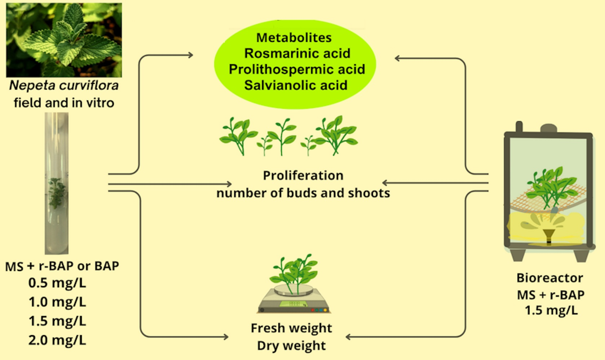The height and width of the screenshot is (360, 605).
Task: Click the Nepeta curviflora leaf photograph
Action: click(64, 40)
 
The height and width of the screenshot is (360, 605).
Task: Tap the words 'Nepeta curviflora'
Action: click(64, 85)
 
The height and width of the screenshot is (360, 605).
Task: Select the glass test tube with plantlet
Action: click(57, 184)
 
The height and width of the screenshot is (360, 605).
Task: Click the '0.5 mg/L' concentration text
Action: click(57, 283)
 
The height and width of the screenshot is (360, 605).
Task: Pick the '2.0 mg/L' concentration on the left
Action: click(57, 340)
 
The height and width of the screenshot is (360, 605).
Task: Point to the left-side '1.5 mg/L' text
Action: click(57, 321)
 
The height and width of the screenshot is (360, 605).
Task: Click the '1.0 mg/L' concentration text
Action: click(57, 302)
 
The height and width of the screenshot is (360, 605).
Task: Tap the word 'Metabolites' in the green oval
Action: click(294, 37)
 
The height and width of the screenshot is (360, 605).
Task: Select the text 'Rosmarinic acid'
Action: click(297, 53)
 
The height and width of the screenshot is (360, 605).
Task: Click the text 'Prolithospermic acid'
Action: click(297, 69)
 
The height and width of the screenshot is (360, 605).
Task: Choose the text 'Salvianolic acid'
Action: click(296, 85)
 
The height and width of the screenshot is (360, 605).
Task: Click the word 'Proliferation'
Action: click(303, 175)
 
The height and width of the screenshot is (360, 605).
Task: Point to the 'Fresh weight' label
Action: click(291, 328)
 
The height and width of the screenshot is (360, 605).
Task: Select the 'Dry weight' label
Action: click(291, 346)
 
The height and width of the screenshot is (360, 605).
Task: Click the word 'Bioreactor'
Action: click(549, 278)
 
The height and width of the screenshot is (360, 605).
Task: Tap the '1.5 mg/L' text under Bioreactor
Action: click(551, 310)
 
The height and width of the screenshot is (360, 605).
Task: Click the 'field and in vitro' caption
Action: click(64, 103)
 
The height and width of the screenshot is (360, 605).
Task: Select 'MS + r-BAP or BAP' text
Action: click(62, 266)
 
